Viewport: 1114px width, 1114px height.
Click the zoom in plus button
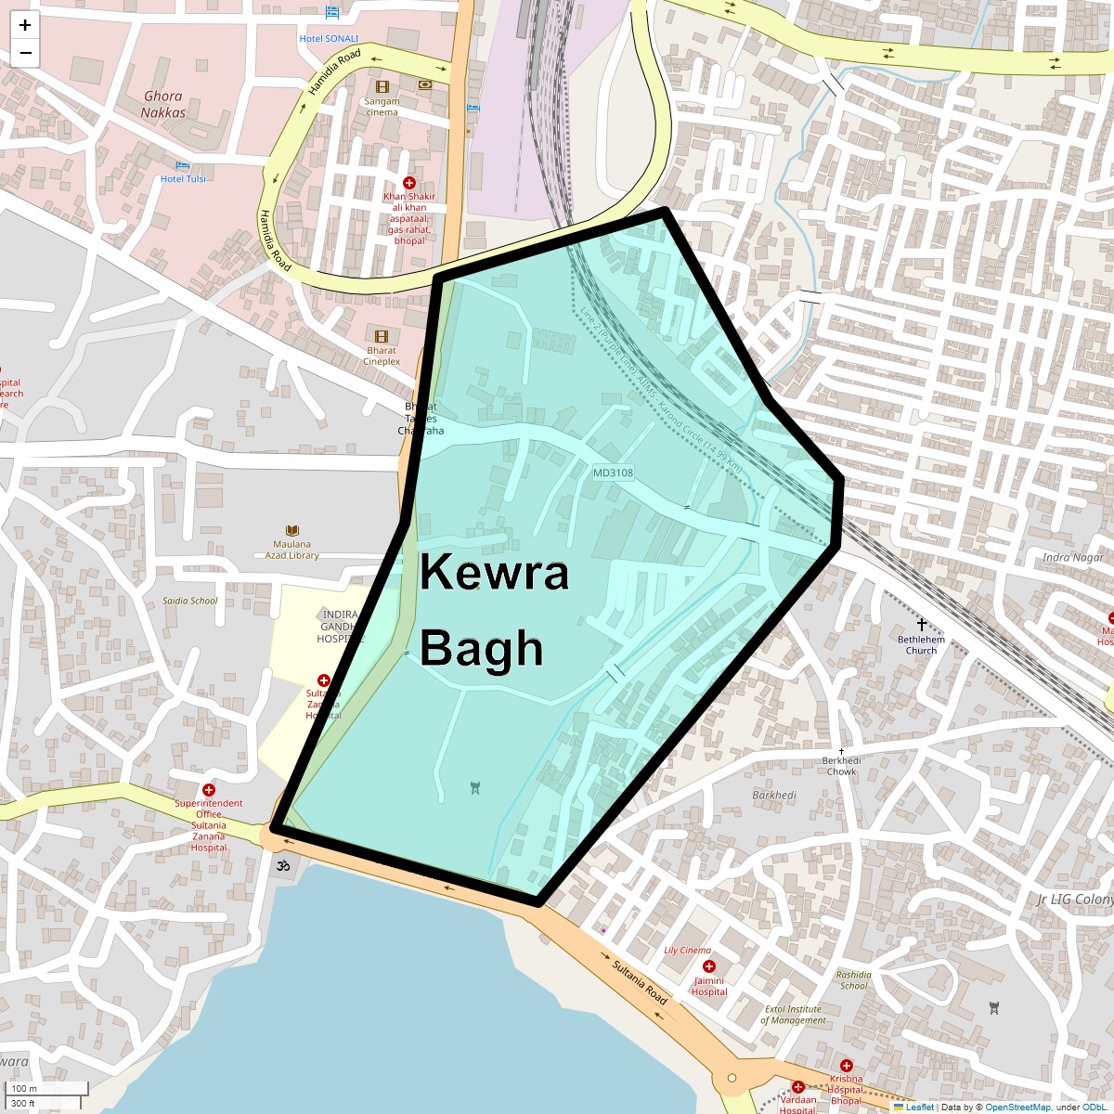tap(25, 25)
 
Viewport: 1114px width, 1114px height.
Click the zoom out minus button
tap(25, 53)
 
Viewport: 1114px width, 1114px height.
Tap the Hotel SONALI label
tap(329, 39)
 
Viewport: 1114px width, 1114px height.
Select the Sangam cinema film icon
tap(382, 87)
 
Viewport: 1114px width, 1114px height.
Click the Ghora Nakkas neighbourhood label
tap(163, 104)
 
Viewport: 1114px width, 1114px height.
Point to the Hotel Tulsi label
tap(183, 178)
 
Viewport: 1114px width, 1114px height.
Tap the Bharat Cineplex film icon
tap(382, 336)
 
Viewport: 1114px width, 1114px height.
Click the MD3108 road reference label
tap(613, 473)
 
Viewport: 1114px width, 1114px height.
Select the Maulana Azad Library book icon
tap(292, 531)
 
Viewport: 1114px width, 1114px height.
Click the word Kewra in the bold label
tap(494, 573)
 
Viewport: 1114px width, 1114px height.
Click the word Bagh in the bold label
tap(481, 648)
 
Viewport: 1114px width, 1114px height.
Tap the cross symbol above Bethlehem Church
tap(921, 626)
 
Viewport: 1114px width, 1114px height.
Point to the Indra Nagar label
tap(1073, 558)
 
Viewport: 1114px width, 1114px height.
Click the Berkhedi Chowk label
tap(841, 766)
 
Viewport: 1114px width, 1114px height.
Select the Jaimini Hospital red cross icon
tap(709, 966)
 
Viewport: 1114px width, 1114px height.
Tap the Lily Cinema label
tap(688, 951)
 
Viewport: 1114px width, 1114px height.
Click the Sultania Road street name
tap(641, 982)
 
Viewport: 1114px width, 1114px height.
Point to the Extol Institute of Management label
tap(793, 1015)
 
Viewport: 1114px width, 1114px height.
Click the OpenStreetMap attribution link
tap(1017, 1107)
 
